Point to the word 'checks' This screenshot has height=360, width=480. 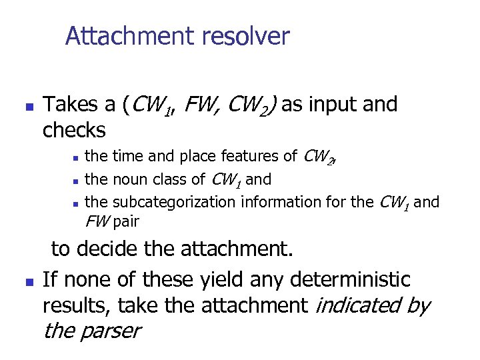tap(74, 130)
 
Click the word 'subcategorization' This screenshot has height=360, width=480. tap(175, 202)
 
